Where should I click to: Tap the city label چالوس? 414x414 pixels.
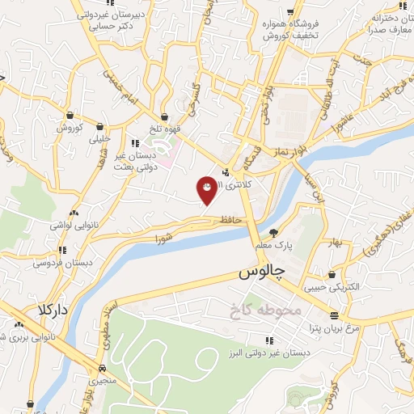pos(262,273)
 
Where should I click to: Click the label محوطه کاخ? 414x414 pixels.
pos(271,310)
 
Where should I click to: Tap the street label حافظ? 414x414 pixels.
pos(230,219)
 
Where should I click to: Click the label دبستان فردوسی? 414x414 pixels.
pos(67,263)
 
